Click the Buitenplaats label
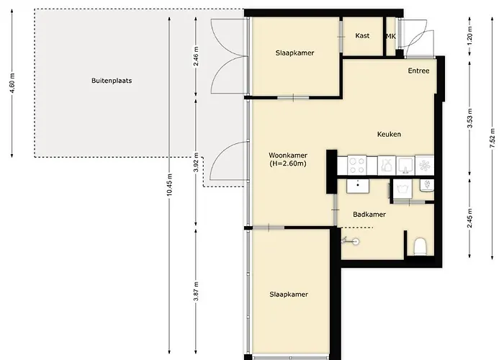point(112,81)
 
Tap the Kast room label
point(362,36)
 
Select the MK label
point(391,36)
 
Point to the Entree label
point(418,71)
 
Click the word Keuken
point(389,134)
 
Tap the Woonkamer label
point(288,156)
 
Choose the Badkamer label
point(369,215)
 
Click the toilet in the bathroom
point(420,246)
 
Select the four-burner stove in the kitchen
point(357,165)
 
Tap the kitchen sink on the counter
point(405,165)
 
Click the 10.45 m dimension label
point(170,184)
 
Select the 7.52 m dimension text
point(492,138)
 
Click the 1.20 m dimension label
point(469,35)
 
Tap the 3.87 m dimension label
point(196,292)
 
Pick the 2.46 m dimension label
point(196,56)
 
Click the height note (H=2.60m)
point(288,163)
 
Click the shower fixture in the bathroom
point(351,240)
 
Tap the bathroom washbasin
point(358,186)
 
